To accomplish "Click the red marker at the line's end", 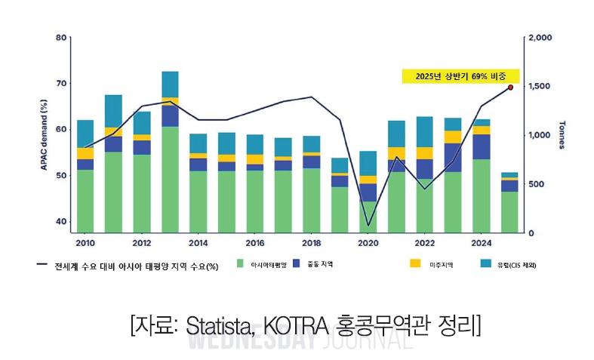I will click(510, 88).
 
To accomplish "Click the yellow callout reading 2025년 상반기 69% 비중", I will click(460, 76).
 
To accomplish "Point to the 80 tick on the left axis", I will click(62, 37).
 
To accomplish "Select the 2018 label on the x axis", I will click(311, 243).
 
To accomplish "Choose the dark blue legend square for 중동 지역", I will click(297, 264).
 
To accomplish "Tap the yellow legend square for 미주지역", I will click(415, 264).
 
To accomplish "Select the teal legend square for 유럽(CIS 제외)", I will click(486, 264).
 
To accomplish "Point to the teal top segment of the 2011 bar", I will click(113, 111).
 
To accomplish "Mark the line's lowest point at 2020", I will click(368, 225).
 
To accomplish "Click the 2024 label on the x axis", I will click(481, 243).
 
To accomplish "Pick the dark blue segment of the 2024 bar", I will click(481, 146).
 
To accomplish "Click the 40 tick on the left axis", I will click(62, 221).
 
